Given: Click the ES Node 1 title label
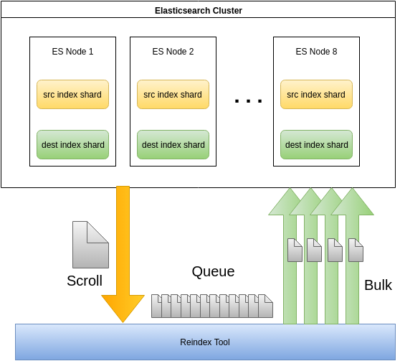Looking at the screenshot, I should tap(72, 52).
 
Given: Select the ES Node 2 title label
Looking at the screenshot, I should tap(173, 52).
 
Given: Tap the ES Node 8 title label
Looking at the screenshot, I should tap(316, 52).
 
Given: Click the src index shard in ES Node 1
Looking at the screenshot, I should tap(72, 94).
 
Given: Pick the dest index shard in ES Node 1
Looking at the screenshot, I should tap(72, 144).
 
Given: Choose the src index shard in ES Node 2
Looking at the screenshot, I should tap(173, 94).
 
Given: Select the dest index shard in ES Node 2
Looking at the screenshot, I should tap(173, 144).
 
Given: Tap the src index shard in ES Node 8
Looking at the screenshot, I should tap(316, 94).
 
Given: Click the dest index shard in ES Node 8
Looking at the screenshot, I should tap(316, 144).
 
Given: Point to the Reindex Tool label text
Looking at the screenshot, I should tap(205, 342).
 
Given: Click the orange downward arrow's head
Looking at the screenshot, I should tap(123, 307).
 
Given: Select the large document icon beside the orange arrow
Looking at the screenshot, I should tap(90, 245).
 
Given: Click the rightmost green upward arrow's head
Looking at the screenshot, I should tap(353, 202).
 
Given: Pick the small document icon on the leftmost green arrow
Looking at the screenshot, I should tap(295, 250).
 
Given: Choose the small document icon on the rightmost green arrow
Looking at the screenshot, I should tap(356, 250).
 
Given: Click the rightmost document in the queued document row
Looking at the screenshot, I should tap(265, 306).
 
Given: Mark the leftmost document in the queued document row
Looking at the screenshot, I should tap(156, 306).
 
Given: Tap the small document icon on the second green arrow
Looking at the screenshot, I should tap(314, 250).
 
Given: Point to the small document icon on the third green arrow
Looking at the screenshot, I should tap(335, 250).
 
